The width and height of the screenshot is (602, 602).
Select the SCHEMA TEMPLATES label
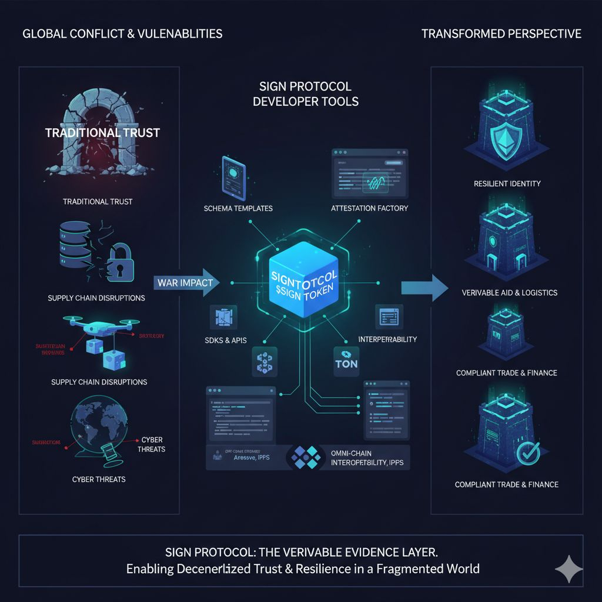(238, 209)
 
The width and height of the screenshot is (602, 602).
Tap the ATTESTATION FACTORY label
(369, 209)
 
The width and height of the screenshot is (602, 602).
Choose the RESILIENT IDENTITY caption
(507, 184)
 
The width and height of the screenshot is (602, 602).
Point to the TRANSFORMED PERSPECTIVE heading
(501, 34)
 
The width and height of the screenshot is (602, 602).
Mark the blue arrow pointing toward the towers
(422, 287)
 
